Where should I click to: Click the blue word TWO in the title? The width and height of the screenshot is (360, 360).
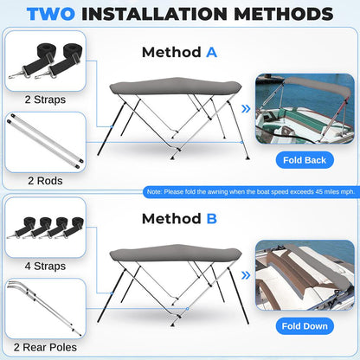point(51,14)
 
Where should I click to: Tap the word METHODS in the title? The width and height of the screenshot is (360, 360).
point(284,14)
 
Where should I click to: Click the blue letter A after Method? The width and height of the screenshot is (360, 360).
point(211,53)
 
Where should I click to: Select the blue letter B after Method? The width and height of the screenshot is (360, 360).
point(212,219)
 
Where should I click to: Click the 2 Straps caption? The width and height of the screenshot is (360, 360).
point(45,100)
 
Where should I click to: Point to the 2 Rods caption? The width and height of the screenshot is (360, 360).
point(45,181)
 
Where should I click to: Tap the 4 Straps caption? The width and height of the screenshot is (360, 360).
point(45,266)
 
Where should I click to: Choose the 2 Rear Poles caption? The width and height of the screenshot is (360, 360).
point(45,347)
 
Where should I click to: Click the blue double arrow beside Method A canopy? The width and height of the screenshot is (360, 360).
point(246,109)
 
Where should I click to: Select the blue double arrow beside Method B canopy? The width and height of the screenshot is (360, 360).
point(246,275)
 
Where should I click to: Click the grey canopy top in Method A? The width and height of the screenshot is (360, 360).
point(176,86)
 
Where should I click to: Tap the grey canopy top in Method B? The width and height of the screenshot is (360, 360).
point(176,253)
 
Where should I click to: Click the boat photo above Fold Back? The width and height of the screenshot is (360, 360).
point(305,109)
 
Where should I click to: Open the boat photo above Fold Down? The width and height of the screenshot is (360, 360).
point(305,275)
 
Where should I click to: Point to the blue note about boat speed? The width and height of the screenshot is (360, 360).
point(251,192)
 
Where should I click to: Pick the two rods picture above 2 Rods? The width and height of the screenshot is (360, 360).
point(45,142)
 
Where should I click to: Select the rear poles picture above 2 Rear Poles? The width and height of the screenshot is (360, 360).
point(45,309)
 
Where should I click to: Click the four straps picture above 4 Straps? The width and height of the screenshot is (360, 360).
point(45,228)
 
